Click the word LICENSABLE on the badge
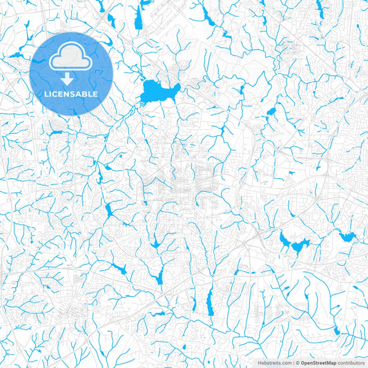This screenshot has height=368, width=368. pos(72,94)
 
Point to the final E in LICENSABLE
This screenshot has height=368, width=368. pos(95,94)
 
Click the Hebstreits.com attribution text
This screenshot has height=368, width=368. pos(275,362)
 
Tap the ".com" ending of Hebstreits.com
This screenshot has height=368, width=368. pos(285,362)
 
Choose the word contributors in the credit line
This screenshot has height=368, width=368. pos(351,362)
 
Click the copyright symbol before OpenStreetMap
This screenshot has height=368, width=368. pos(298,362)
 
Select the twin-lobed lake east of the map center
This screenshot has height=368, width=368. pos(293,243)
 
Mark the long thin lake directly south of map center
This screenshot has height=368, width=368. pos(210,301)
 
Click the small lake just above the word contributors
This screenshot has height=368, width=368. pos(336,331)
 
